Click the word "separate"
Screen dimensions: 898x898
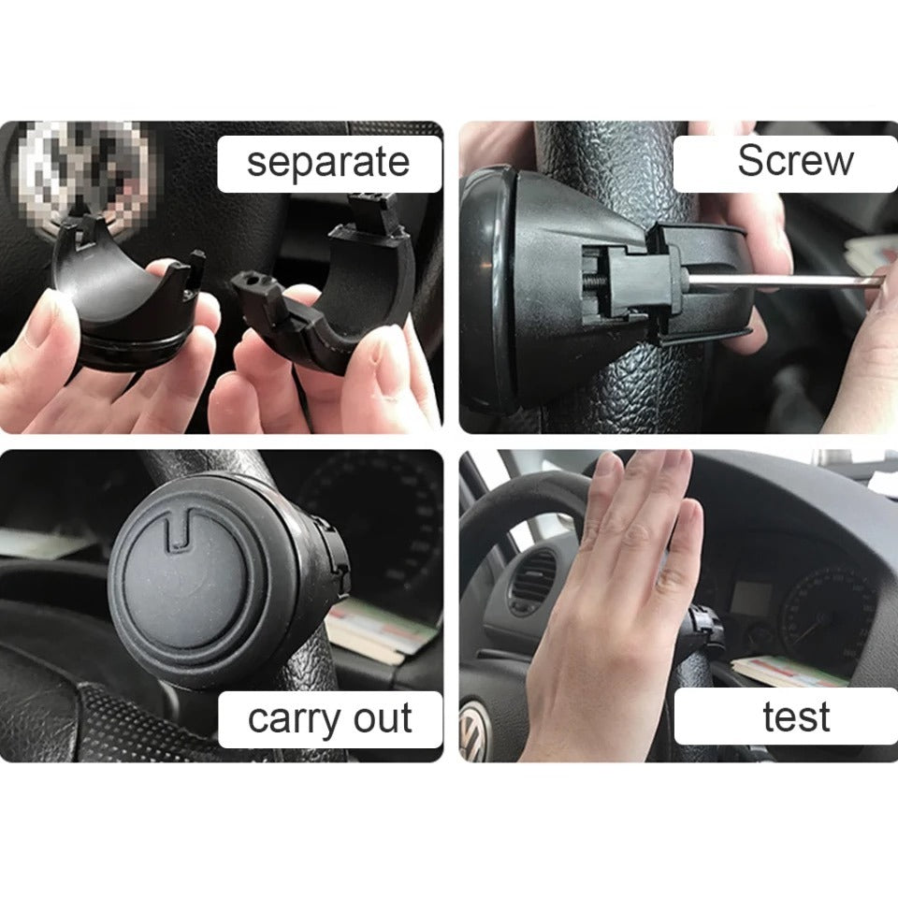pos(328,162)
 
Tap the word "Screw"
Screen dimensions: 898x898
pos(795,160)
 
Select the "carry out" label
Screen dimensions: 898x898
pos(330,718)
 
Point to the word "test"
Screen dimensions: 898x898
pos(796,717)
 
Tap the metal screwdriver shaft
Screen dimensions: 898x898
pos(784,280)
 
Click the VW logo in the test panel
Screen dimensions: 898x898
pos(473,731)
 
